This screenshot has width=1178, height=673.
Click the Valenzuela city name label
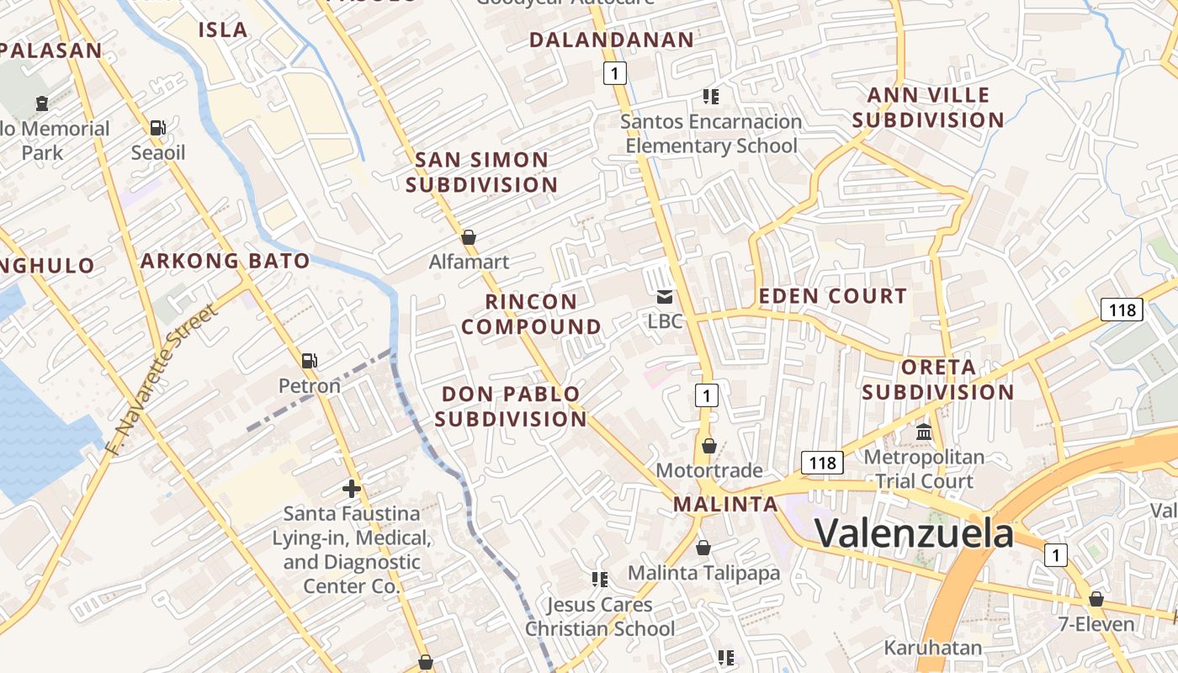tap(914, 533)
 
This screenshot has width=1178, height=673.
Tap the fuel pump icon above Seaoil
tap(158, 128)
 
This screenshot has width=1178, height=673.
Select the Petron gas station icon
tap(310, 361)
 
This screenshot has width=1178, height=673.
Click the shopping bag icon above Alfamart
tap(469, 237)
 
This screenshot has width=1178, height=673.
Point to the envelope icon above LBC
tap(665, 296)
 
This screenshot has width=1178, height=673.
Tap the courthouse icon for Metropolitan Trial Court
tap(924, 432)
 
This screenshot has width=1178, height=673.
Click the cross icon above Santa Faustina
tap(352, 488)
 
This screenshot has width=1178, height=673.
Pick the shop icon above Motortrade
tap(709, 445)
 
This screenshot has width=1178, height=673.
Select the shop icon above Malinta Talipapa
tap(703, 548)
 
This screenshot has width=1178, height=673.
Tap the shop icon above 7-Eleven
tap(1096, 599)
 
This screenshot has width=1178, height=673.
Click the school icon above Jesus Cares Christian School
tap(600, 579)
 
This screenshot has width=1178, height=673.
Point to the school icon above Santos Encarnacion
tap(711, 97)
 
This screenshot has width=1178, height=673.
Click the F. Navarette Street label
tap(163, 380)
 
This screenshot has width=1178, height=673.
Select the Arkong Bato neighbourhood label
tap(225, 261)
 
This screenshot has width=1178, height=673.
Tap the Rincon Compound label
tap(532, 314)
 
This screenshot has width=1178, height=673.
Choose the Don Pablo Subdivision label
tap(511, 406)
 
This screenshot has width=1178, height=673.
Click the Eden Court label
tap(833, 296)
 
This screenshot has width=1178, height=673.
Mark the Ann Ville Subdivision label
tap(928, 108)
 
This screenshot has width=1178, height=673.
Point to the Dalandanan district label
tap(612, 40)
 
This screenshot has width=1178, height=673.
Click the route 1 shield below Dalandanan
tap(615, 74)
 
